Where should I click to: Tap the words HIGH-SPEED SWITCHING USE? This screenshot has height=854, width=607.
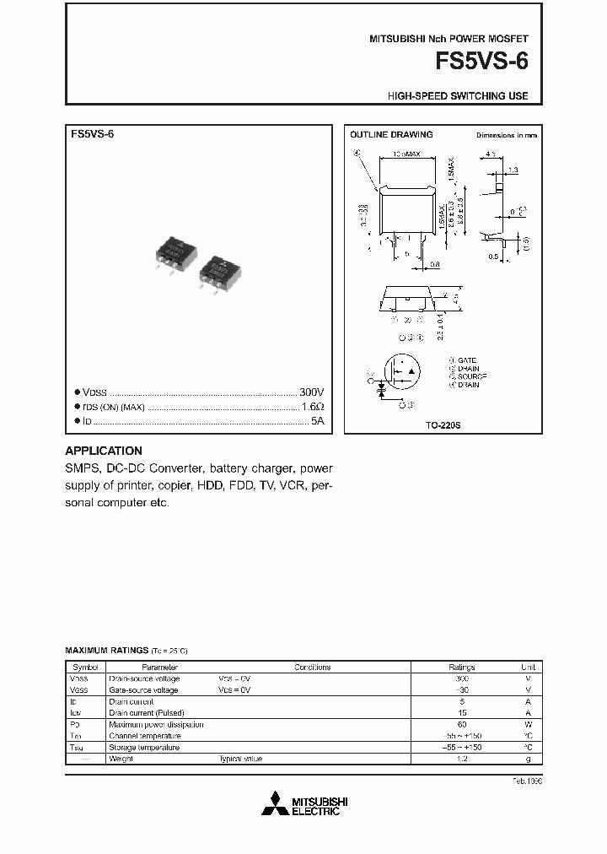458,95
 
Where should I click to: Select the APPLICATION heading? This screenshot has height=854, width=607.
104,451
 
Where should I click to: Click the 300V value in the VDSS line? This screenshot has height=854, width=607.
311,393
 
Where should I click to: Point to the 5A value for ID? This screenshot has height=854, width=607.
317,419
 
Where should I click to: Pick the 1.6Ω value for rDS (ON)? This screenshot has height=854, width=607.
313,407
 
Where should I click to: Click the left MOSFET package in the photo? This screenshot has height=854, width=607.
178,251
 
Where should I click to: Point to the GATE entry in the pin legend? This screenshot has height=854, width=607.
466,360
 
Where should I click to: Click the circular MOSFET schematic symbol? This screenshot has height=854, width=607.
401,372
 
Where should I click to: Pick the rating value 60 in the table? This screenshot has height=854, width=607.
461,724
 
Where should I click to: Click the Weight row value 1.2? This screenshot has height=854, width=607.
461,759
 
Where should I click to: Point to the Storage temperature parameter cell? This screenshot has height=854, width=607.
144,747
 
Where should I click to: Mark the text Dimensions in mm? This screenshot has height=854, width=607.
506,135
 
